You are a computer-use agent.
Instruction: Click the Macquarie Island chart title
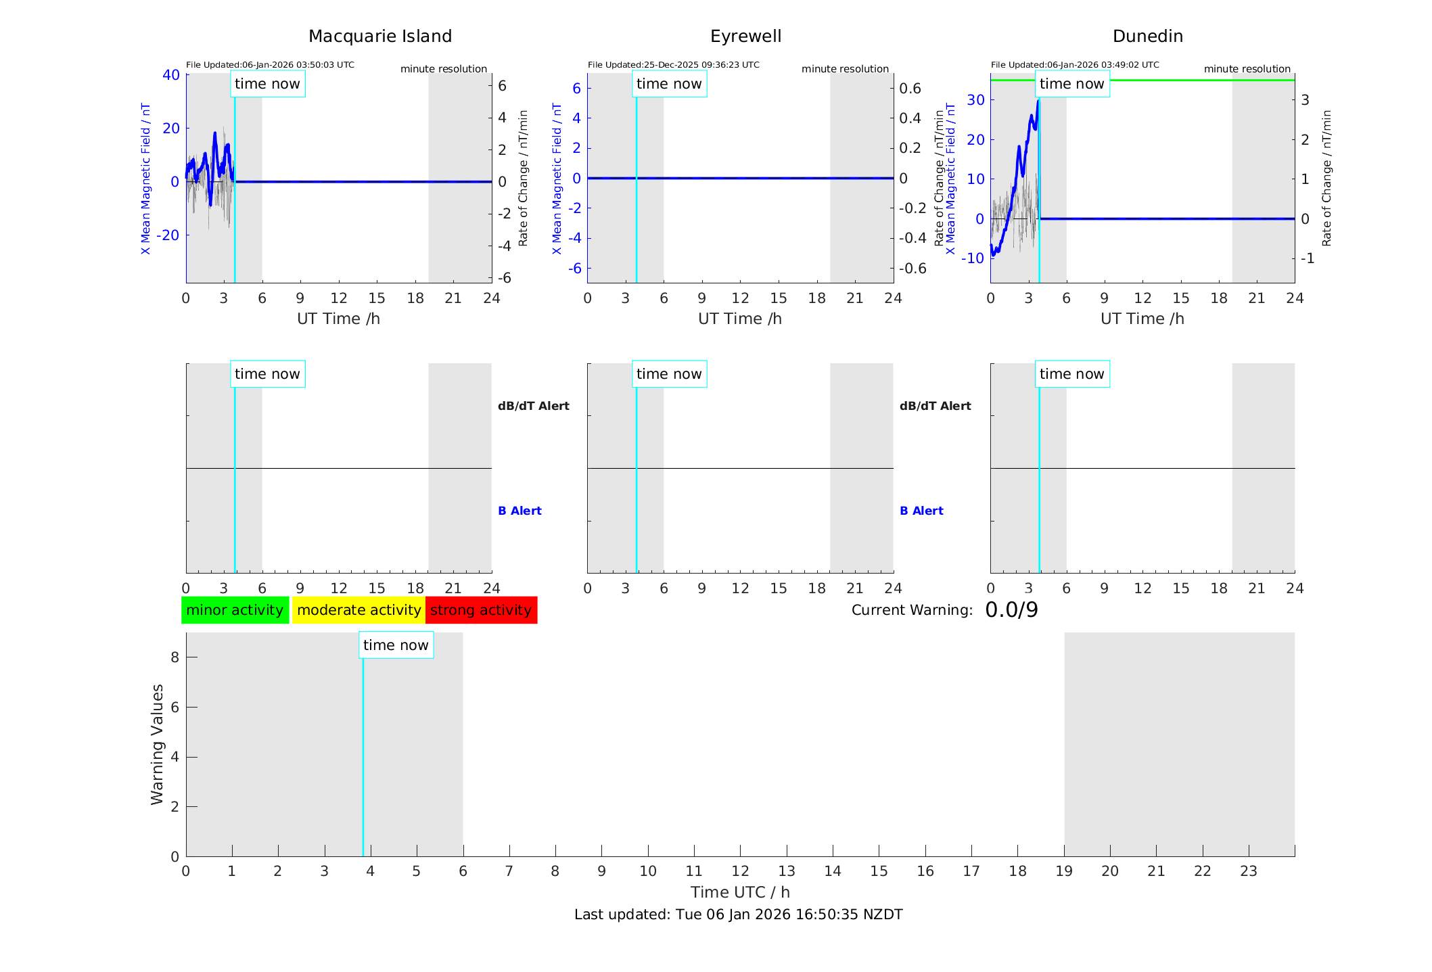coord(379,37)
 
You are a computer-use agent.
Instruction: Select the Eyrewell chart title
coord(745,37)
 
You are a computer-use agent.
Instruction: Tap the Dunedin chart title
coord(1147,37)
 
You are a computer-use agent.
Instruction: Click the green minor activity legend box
coord(235,610)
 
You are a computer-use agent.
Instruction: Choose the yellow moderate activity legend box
coord(359,610)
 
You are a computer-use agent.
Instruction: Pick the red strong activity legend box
coord(481,610)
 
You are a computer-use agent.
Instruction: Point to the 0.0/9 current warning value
coord(1011,610)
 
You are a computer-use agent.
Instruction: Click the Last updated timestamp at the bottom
coord(738,915)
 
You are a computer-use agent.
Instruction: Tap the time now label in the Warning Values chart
coord(396,645)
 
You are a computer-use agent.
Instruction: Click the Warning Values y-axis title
coord(157,744)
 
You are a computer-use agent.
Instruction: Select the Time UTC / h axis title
coord(740,892)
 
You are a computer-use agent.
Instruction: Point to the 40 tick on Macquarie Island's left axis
coord(171,75)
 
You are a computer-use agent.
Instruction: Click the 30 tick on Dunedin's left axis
coord(975,100)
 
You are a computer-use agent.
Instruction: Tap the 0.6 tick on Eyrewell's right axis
coord(910,89)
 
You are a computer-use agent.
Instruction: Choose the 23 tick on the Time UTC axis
coord(1249,871)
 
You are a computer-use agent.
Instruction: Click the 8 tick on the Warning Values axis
coord(175,657)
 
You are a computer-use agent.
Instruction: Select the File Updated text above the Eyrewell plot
coord(673,65)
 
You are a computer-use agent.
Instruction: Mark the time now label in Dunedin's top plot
coord(1071,84)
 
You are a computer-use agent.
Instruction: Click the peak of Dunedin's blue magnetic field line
coord(1038,101)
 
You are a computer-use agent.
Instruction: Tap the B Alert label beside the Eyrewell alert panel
coord(921,511)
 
